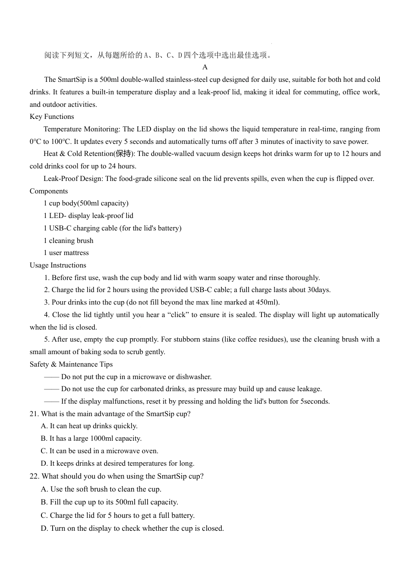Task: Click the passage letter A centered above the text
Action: (205, 67)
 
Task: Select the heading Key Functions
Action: (52, 117)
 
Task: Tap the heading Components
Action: (49, 191)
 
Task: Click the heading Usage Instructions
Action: (58, 265)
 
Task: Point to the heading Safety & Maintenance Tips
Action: (71, 364)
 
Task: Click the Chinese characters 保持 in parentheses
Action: (123, 154)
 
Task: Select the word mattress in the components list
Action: (76, 253)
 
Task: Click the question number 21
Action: (34, 414)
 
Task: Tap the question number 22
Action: (35, 476)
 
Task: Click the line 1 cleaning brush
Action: (69, 241)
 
